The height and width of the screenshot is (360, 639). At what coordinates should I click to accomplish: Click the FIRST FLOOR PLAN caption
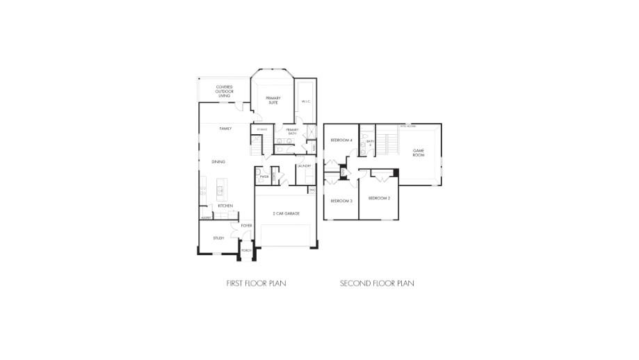tap(256, 284)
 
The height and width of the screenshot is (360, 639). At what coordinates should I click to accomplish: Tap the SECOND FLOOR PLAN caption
tap(377, 284)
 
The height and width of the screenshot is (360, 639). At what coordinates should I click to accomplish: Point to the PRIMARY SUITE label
tap(273, 100)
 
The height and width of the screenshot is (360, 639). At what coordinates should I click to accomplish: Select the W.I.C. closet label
tap(305, 102)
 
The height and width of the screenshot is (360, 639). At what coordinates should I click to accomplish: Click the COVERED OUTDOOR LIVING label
tap(224, 91)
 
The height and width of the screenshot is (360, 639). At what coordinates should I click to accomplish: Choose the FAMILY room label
tap(225, 129)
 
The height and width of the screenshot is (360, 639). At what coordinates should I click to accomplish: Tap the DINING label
tap(218, 162)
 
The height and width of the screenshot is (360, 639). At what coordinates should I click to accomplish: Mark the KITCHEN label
tap(225, 206)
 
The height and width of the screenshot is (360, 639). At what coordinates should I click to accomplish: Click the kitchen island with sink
tap(220, 190)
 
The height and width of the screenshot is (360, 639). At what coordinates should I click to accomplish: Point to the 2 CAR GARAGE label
tap(286, 213)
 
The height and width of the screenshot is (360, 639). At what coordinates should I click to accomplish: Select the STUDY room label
tap(218, 238)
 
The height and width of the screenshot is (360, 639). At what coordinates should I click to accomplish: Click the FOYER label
tap(246, 226)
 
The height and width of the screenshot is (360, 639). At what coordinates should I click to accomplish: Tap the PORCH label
tap(245, 250)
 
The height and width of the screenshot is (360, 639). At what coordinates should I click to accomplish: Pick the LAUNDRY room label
tap(304, 167)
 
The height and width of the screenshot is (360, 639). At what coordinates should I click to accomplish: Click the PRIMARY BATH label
tap(291, 131)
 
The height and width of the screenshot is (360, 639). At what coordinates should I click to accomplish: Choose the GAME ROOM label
tap(419, 152)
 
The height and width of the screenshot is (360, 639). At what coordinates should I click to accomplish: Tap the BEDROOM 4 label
tap(341, 140)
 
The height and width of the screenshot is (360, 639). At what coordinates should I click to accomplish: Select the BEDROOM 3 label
tap(341, 201)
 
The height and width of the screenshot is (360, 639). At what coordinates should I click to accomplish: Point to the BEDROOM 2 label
tap(379, 199)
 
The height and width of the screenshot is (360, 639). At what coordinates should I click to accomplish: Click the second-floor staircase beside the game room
tap(386, 145)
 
